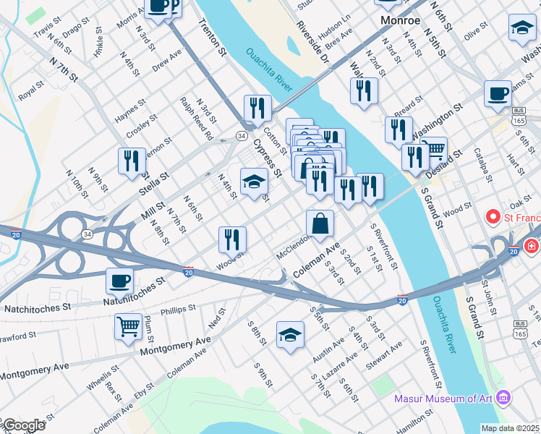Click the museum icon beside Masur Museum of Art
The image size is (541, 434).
pyautogui.click(x=505, y=398)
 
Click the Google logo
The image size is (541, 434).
pyautogui.click(x=23, y=425)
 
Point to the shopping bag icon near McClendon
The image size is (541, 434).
pyautogui.click(x=320, y=224)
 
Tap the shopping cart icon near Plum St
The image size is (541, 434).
pyautogui.click(x=128, y=326)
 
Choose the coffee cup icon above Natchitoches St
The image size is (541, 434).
pyautogui.click(x=120, y=281)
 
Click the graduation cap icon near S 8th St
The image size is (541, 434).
pyautogui.click(x=290, y=335)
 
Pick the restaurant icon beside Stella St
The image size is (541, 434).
pyautogui.click(x=131, y=161)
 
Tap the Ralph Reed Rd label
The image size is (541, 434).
pyautogui.click(x=197, y=119)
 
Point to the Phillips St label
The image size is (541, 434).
pyautogui.click(x=178, y=310)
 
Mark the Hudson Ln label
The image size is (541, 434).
pyautogui.click(x=334, y=27)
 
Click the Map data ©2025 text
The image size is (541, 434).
pyautogui.click(x=511, y=428)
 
